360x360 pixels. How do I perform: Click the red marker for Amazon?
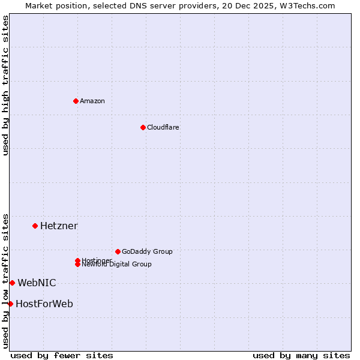tap(76, 101)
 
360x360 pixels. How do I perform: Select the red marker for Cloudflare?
tap(143, 127)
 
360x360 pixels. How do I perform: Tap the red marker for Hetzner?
tap(35, 226)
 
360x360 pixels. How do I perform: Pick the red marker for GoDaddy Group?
tap(118, 251)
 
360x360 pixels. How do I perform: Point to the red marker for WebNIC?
tap(12, 283)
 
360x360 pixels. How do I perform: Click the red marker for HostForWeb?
tap(10, 304)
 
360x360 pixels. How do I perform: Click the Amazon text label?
tap(92, 101)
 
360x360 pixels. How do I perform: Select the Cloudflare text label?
tap(163, 127)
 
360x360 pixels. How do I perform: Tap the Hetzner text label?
tap(59, 226)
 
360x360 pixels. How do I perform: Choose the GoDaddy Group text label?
tap(147, 251)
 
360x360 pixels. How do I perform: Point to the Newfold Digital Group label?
tap(116, 265)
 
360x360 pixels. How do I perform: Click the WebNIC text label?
tap(37, 283)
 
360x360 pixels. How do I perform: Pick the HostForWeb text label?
tap(44, 304)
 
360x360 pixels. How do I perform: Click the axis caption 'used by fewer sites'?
tap(62, 355)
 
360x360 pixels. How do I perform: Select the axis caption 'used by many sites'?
tap(301, 355)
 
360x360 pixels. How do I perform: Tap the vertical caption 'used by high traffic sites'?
tap(5, 85)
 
